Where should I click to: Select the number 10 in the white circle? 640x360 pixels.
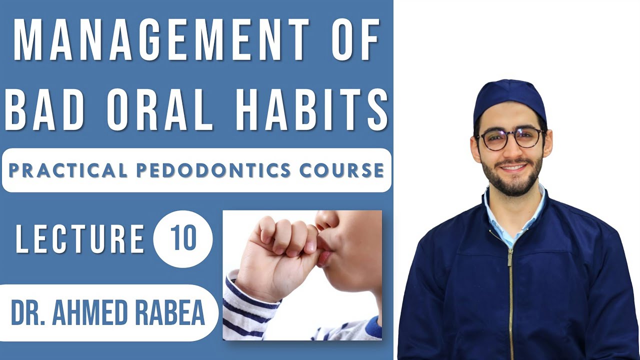click(183, 237)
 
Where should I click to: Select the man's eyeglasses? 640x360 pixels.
click(510, 137)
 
